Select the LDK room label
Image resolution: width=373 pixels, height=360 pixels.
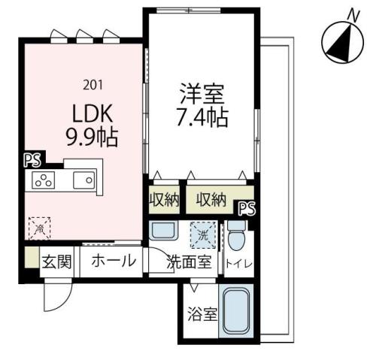(x=92, y=113)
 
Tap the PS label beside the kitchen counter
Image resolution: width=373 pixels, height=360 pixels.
(x=32, y=159)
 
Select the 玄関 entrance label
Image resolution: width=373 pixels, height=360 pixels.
(x=56, y=262)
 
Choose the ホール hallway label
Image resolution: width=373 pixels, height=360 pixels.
(x=114, y=262)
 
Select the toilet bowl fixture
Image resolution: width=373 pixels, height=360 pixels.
(x=236, y=237)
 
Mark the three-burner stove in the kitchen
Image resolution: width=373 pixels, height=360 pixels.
(x=43, y=180)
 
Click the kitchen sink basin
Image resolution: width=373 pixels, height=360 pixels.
(x=83, y=180)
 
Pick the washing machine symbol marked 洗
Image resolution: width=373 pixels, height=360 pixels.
(x=201, y=235)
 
